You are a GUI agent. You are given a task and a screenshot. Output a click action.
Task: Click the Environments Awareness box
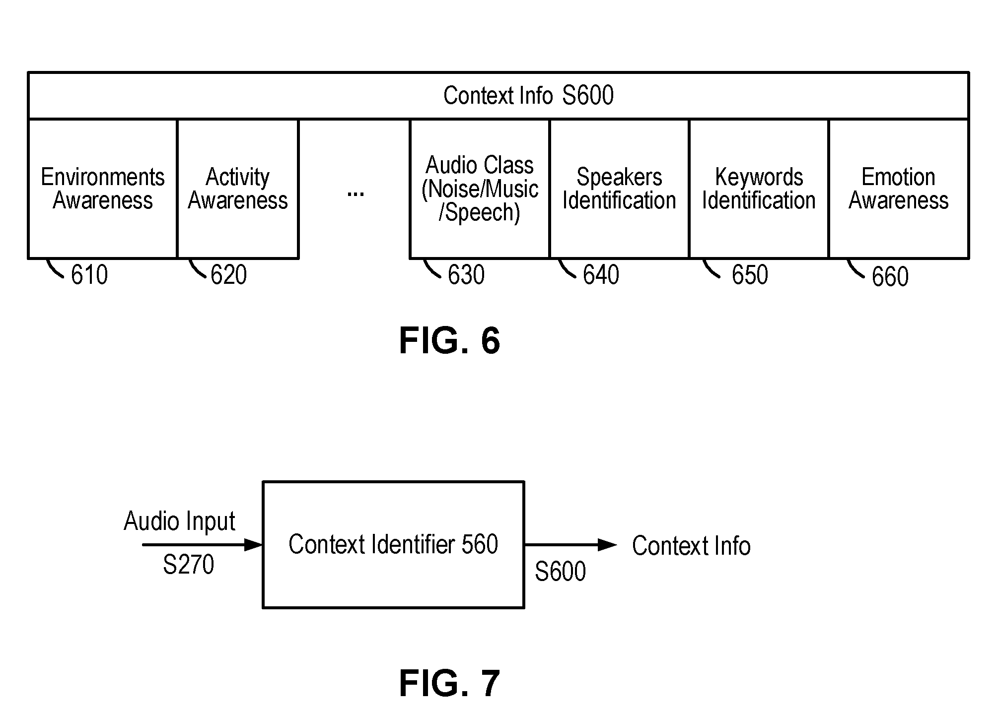click(103, 189)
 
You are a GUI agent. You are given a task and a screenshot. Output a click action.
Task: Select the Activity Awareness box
click(238, 189)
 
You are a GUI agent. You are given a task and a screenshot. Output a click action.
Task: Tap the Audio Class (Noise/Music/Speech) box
click(480, 189)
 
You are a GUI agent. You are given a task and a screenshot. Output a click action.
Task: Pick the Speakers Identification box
click(619, 189)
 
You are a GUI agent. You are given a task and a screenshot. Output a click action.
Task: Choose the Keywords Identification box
click(759, 189)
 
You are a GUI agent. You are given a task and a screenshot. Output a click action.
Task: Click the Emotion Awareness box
click(899, 189)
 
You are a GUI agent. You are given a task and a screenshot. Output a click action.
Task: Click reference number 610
click(89, 275)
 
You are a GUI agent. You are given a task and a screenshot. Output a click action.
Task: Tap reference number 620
click(228, 275)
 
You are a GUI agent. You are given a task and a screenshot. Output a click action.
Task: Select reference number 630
click(466, 275)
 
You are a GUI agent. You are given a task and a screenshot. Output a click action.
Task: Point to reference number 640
click(601, 275)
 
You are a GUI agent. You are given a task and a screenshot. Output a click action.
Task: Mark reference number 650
click(750, 275)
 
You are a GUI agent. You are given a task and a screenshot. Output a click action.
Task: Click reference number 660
click(890, 277)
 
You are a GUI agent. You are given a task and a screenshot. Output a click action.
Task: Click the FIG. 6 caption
click(449, 341)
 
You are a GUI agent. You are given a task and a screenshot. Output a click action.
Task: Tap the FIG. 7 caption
click(449, 683)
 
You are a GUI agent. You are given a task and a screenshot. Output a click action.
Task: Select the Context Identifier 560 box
click(393, 544)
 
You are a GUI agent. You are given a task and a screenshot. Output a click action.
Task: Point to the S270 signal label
click(188, 565)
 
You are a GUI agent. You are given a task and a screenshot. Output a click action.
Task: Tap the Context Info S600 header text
click(528, 95)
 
